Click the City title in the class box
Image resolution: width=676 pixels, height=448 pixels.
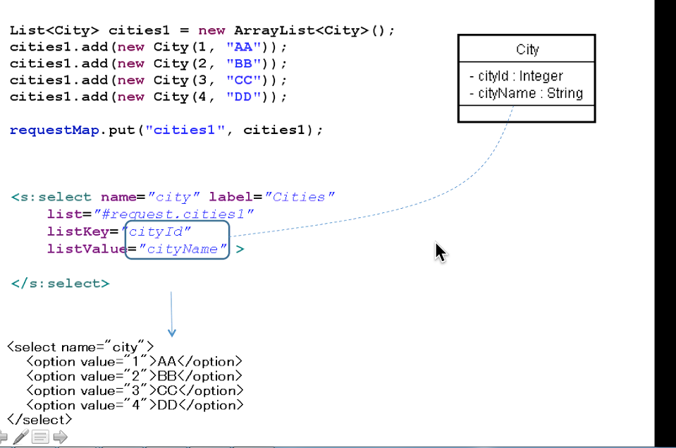pyautogui.click(x=527, y=49)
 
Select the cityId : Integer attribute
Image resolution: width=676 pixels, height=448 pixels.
pyautogui.click(x=516, y=75)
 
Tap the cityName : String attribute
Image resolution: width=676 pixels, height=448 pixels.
pyautogui.click(x=526, y=93)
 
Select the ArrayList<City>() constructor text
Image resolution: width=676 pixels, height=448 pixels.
pyautogui.click(x=314, y=30)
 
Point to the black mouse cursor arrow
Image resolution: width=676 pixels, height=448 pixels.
pyautogui.click(x=440, y=252)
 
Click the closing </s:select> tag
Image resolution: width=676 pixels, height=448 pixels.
pyautogui.click(x=60, y=284)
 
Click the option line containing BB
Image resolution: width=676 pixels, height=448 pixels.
pyautogui.click(x=134, y=376)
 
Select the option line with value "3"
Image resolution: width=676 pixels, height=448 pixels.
pyautogui.click(x=134, y=390)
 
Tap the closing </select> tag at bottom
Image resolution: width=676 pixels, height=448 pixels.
pyautogui.click(x=39, y=420)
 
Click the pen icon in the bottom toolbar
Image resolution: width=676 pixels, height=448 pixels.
pyautogui.click(x=21, y=437)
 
